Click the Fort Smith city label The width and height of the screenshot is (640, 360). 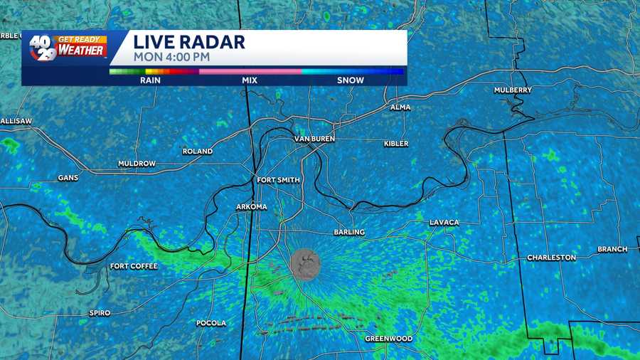(x=279, y=180)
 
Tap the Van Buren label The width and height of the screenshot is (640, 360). (x=314, y=139)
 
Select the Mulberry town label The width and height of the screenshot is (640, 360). (x=513, y=90)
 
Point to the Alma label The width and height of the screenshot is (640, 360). (x=400, y=107)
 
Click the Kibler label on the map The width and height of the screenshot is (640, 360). (x=396, y=144)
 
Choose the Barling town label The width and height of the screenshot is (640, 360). (x=349, y=232)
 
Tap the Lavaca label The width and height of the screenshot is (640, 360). (x=444, y=223)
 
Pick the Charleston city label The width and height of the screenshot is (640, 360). (x=551, y=258)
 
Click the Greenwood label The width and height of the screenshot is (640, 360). (x=388, y=339)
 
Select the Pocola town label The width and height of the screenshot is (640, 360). (x=211, y=323)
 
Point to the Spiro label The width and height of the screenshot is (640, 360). (x=100, y=313)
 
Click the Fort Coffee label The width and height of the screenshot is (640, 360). (x=134, y=266)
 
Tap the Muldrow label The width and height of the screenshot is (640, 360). (x=137, y=164)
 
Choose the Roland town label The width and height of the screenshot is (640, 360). (x=197, y=152)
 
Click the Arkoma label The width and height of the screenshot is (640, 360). (x=252, y=207)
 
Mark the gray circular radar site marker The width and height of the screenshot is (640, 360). (x=305, y=264)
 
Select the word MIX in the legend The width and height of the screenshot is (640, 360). (x=249, y=80)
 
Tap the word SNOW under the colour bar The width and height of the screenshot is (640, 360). (x=350, y=80)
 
